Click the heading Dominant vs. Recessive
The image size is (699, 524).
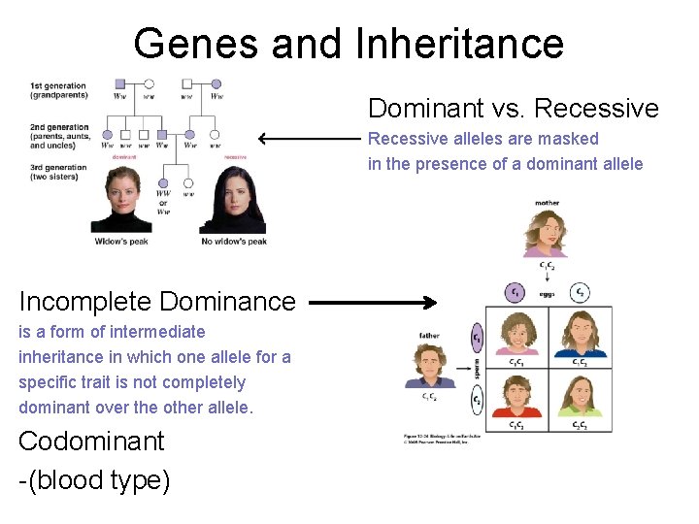point(513,109)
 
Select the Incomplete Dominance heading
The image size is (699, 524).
point(156,301)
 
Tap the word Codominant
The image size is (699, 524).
point(91,441)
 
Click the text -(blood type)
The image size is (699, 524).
point(94,478)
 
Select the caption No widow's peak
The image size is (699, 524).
point(233,241)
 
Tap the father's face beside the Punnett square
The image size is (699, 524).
point(427,364)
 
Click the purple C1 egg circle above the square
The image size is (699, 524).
point(516,291)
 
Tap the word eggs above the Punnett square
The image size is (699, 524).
point(548,293)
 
